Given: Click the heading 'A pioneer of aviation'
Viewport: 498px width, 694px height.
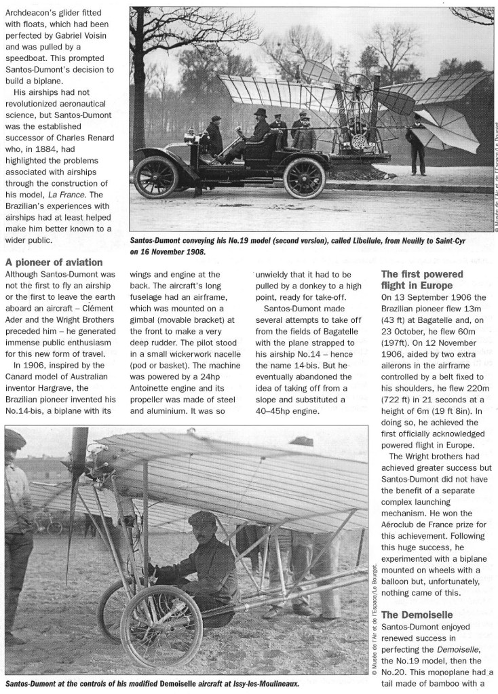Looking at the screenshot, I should click(x=54, y=262).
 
